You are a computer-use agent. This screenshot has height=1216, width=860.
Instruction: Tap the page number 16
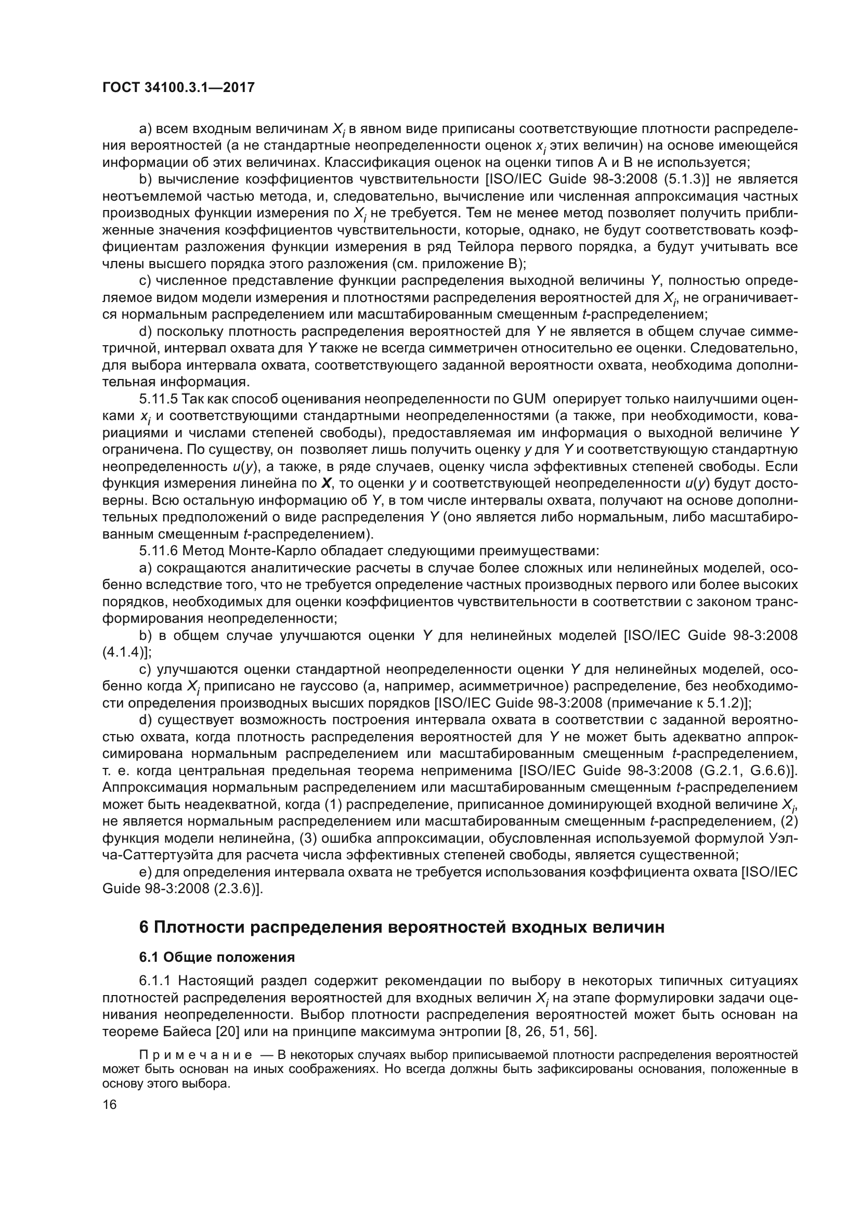point(110,1105)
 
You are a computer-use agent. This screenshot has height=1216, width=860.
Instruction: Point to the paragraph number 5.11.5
point(159,399)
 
